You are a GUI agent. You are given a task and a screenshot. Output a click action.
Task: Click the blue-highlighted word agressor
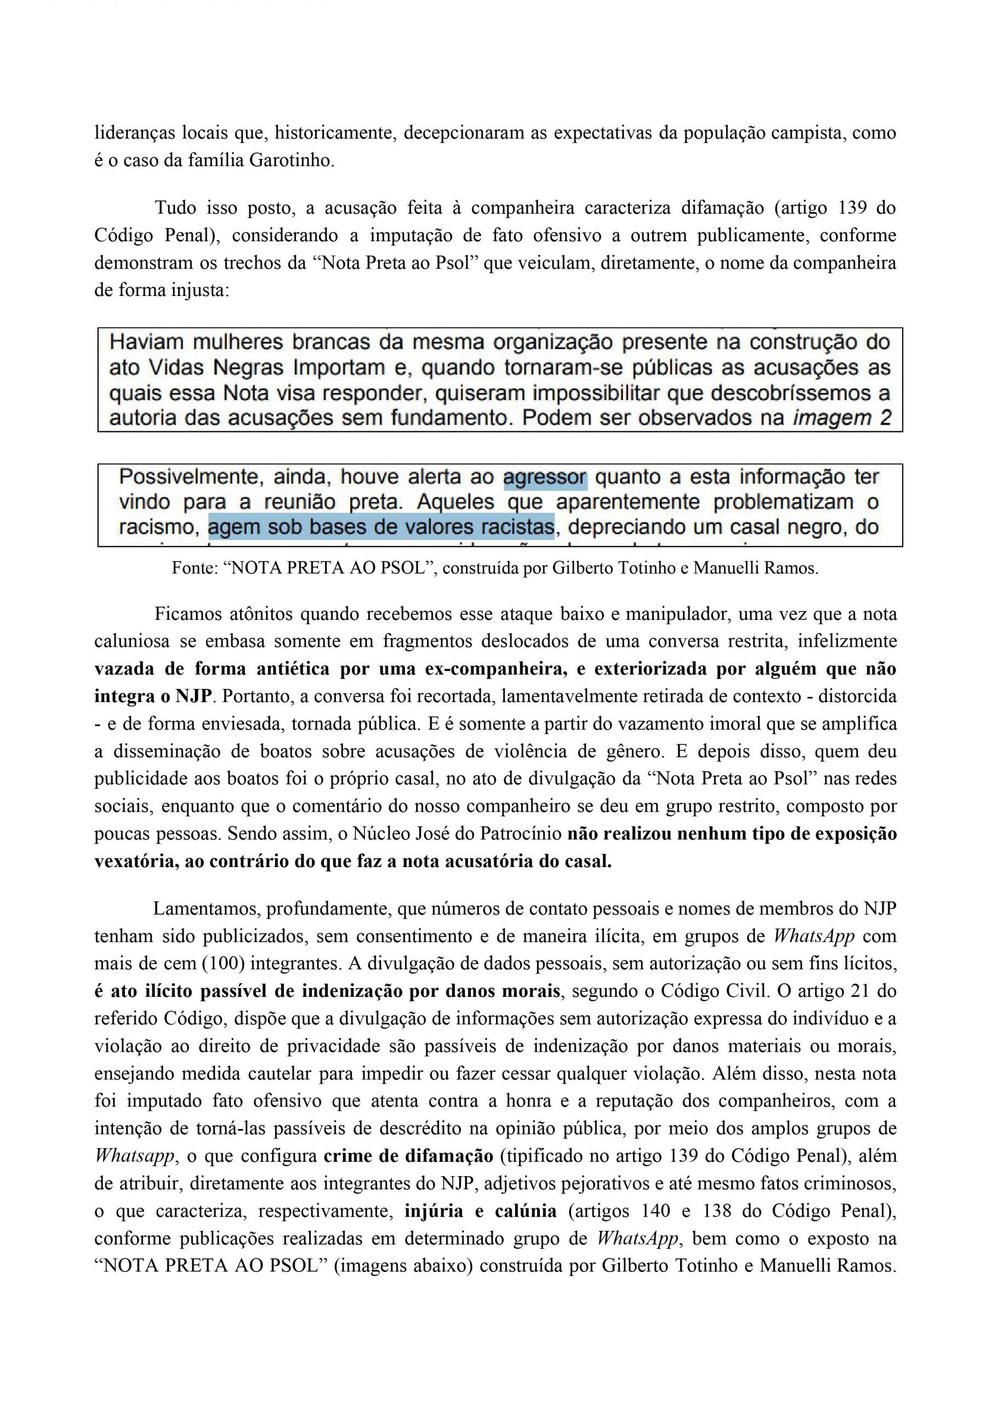point(545,477)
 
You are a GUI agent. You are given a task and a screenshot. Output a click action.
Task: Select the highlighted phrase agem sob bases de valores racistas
point(381,527)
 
